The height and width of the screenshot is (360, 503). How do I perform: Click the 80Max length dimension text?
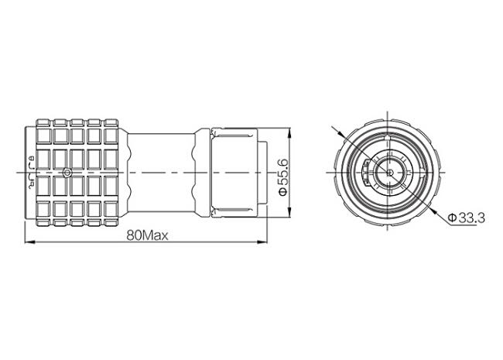(147, 236)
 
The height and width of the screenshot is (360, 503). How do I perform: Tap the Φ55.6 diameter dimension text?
(284, 177)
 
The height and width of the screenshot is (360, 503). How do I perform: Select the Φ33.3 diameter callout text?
(467, 218)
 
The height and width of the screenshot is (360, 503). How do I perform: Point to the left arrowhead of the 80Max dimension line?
(30, 242)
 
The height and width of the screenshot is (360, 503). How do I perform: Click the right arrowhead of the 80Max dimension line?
(262, 242)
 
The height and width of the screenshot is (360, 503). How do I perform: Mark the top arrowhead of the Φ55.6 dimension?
(289, 133)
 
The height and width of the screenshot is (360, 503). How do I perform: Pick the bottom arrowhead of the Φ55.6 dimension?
(289, 212)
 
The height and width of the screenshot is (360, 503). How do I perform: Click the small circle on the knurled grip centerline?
(67, 173)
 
